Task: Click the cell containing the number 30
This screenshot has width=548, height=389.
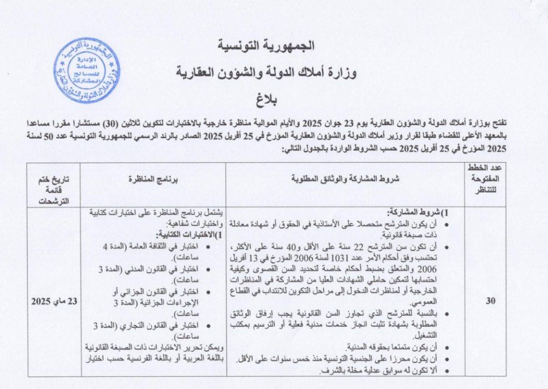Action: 490,301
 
